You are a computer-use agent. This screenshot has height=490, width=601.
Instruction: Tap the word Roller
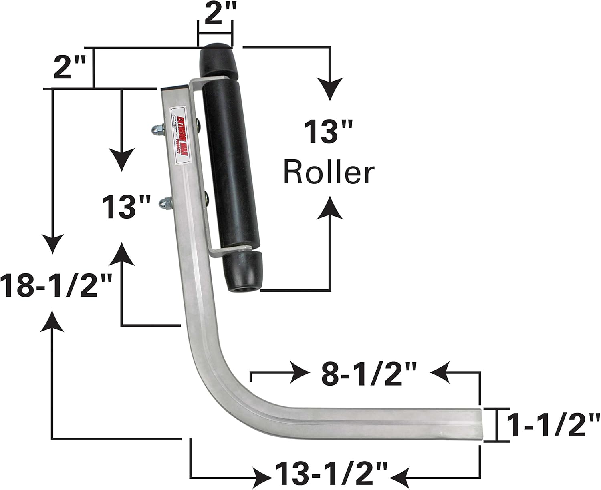(329, 173)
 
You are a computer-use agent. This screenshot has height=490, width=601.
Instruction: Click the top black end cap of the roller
(217, 62)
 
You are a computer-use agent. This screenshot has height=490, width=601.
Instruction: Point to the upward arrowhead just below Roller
(330, 208)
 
